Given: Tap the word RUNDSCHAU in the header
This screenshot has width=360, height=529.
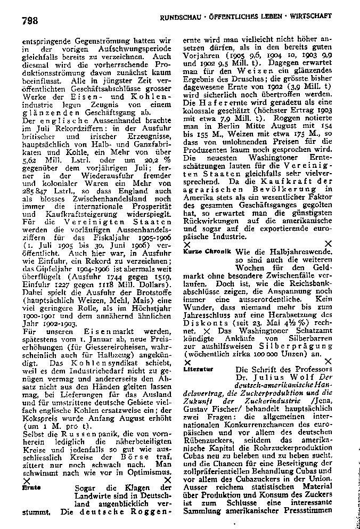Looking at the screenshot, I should (181, 18).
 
